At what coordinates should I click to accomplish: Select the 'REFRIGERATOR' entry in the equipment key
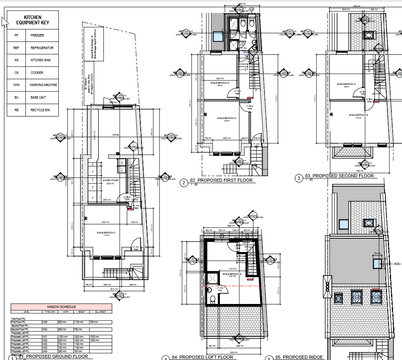click(x=42, y=48)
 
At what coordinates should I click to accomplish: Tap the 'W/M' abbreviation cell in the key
click(x=16, y=85)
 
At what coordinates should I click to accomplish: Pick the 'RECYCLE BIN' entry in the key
click(x=40, y=110)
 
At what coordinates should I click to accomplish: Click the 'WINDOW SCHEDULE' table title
click(x=61, y=307)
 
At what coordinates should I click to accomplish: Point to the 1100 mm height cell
click(x=78, y=322)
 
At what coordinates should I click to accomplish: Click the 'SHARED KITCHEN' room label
click(x=110, y=181)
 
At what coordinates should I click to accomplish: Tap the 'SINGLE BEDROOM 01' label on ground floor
click(x=107, y=232)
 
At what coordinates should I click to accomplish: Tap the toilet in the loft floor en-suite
click(x=212, y=300)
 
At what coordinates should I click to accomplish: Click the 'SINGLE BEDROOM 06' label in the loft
click(x=232, y=275)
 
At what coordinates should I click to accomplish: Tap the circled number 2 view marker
click(x=184, y=183)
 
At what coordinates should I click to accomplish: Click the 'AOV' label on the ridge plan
click(x=397, y=264)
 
